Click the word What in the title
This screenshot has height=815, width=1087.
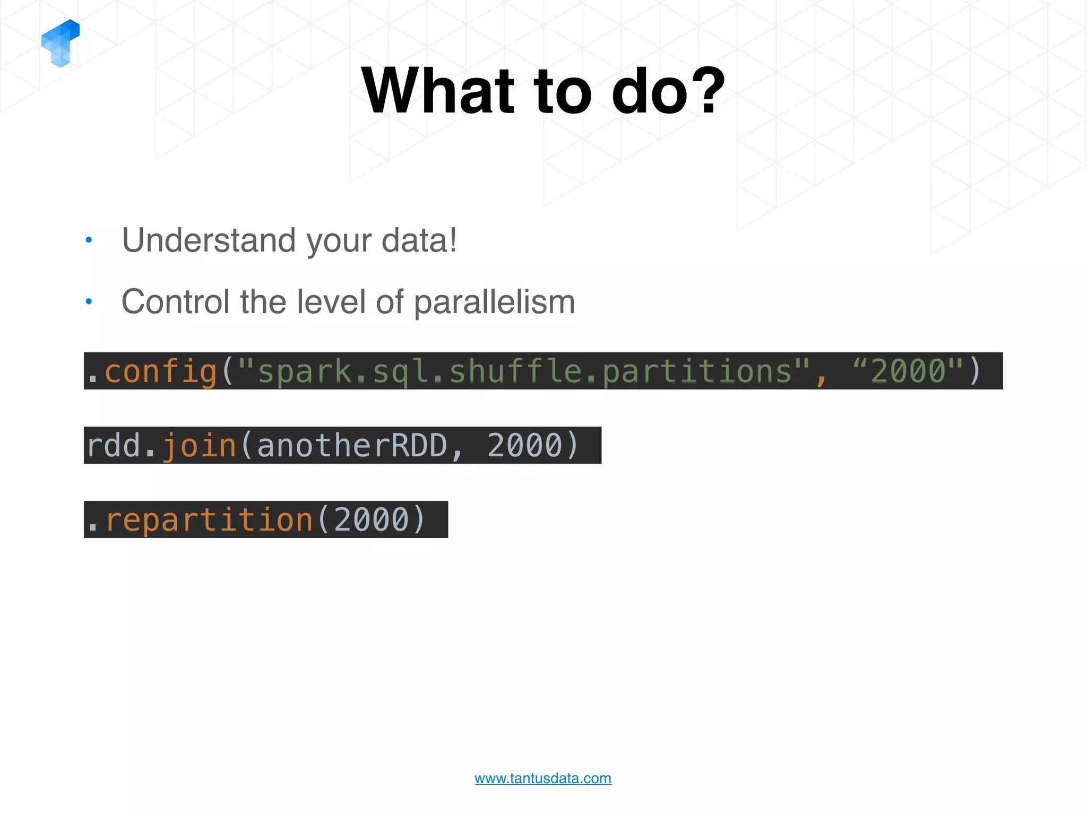coord(438,91)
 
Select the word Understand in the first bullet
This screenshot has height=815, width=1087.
coord(209,240)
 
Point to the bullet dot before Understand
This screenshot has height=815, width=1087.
coord(89,240)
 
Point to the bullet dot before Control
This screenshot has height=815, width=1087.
coord(89,301)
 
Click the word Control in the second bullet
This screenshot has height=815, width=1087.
coord(176,301)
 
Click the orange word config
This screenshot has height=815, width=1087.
coord(161,371)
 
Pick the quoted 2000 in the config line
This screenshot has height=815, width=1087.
coord(909,371)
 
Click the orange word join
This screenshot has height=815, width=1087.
coord(199,446)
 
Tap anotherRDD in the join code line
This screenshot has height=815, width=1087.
coord(352,446)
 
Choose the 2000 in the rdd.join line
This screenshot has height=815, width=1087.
coord(524,446)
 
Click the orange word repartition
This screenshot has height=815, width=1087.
coord(209,520)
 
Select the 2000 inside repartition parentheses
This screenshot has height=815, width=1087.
coord(372,520)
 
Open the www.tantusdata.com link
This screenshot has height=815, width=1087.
coord(543,778)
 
